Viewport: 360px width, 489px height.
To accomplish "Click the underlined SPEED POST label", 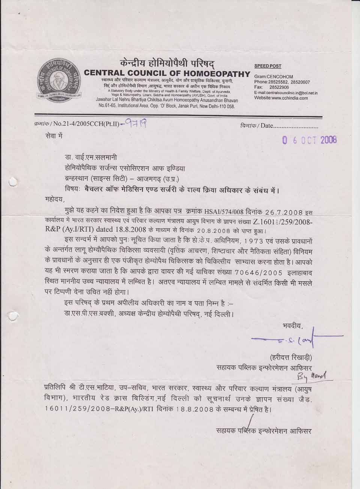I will pyautogui.click(x=267, y=66).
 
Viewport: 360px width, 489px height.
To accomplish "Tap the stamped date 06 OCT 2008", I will pyautogui.click(x=310, y=140).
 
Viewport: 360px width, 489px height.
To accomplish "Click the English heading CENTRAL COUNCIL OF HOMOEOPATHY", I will pyautogui.click(x=167, y=73).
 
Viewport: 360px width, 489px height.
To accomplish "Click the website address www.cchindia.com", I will pyautogui.click(x=281, y=98).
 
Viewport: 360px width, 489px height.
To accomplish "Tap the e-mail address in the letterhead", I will pyautogui.click(x=286, y=93).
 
